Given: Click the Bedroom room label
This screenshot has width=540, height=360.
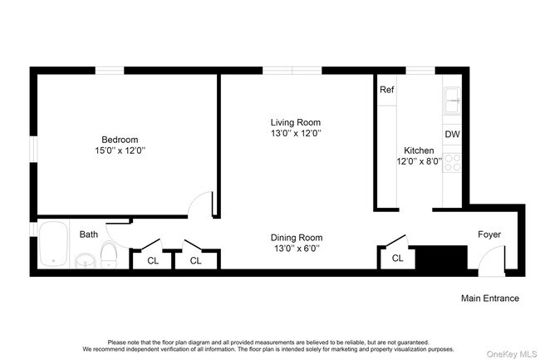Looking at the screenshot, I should (120, 139).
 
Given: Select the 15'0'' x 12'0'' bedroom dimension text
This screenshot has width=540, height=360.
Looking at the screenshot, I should (120, 150).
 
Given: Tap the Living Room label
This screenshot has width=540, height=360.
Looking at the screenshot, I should (295, 121).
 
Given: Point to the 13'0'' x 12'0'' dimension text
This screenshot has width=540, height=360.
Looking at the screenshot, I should (295, 133).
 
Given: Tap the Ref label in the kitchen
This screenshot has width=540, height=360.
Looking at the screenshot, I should (386, 90).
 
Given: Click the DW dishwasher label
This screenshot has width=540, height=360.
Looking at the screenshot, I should (452, 134).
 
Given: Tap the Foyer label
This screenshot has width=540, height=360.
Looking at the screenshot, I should (489, 234).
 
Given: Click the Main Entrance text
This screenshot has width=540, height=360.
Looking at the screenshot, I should (490, 298).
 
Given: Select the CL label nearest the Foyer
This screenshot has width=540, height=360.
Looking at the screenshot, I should (397, 259).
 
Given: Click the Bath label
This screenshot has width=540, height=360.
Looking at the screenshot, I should (88, 234).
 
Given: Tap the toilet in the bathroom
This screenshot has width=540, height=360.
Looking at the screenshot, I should (109, 254).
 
